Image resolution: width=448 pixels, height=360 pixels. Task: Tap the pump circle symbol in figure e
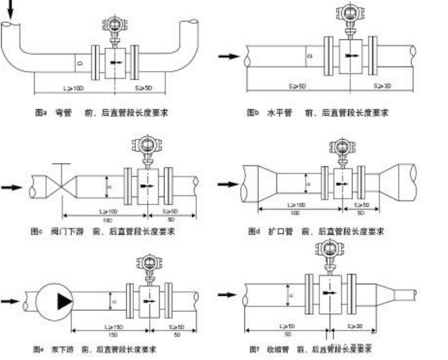click(x=55, y=301)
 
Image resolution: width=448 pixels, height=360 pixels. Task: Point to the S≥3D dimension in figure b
click(x=382, y=86)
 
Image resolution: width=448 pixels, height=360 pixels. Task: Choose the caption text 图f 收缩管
click(x=270, y=350)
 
